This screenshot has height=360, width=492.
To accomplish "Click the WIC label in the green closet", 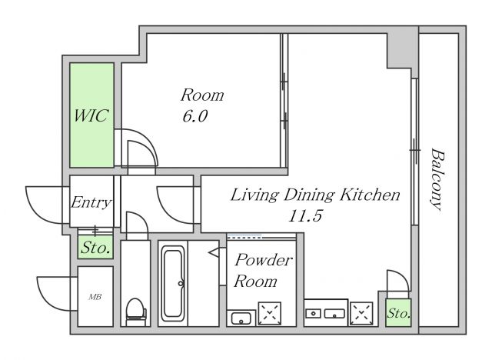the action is coord(91,115).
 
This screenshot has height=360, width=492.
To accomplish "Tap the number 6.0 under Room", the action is coord(195,116).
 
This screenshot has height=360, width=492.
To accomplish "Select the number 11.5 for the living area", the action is coord(305,216).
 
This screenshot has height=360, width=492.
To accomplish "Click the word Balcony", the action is coord(437,179).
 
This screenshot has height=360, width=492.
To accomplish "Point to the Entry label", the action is coord(91,202).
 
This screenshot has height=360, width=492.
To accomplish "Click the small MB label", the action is coord(95,297).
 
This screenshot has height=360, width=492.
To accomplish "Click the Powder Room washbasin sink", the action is coord(241,318).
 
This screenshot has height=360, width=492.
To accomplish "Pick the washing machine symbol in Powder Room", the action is coord(270,313).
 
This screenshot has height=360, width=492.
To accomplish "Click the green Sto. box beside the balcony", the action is coord(398,312).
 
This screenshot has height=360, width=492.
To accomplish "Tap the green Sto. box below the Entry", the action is coord(95,247).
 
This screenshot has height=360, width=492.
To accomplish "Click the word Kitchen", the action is coord(371,195).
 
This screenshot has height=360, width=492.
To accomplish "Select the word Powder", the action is coord(264,260).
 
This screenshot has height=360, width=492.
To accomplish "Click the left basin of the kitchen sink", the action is coord(314,313).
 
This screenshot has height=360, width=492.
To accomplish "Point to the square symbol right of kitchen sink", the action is coord(361,313).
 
